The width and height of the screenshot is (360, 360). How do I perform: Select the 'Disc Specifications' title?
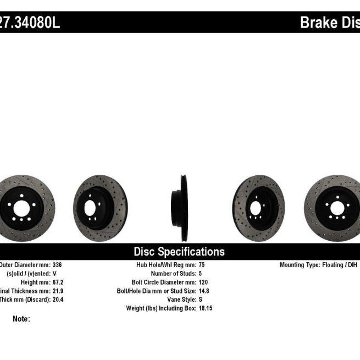(x=179, y=252)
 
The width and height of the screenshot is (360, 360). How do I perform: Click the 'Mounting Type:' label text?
(x=300, y=264)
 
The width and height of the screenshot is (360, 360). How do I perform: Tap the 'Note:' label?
(x=21, y=319)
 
